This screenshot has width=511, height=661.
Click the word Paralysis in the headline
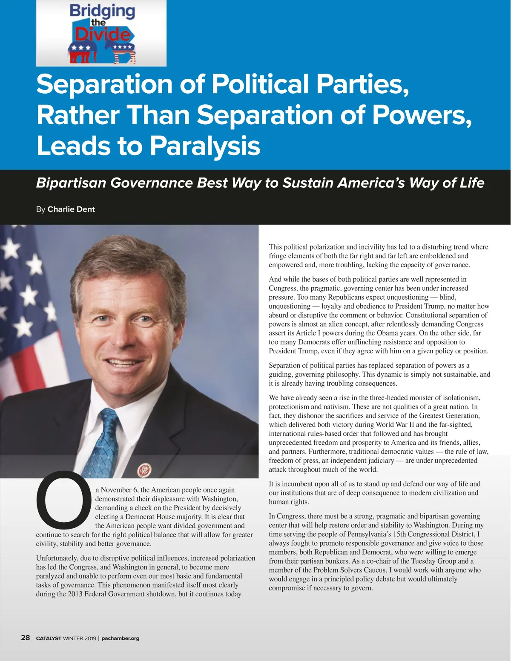204,146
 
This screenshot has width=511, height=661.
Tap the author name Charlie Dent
71,209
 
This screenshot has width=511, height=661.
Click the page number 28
26,638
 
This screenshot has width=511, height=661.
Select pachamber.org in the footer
120,638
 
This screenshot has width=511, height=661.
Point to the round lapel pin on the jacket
144,470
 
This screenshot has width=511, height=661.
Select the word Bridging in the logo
102,11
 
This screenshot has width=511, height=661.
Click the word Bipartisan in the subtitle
71,183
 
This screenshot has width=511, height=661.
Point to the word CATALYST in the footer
49,638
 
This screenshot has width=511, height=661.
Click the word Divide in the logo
103,34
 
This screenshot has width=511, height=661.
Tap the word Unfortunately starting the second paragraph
57,558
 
